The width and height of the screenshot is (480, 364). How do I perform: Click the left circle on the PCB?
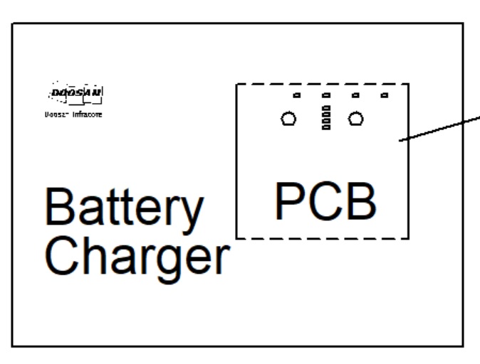click(288, 119)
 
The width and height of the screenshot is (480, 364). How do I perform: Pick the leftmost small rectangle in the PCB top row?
click(297, 95)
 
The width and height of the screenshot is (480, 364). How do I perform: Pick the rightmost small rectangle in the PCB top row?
click(385, 95)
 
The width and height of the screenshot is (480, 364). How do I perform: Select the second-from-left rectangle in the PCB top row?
click(325, 95)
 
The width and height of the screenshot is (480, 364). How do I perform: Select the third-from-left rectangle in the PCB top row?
click(355, 95)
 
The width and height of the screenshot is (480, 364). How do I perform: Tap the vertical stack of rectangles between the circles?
click(325, 119)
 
